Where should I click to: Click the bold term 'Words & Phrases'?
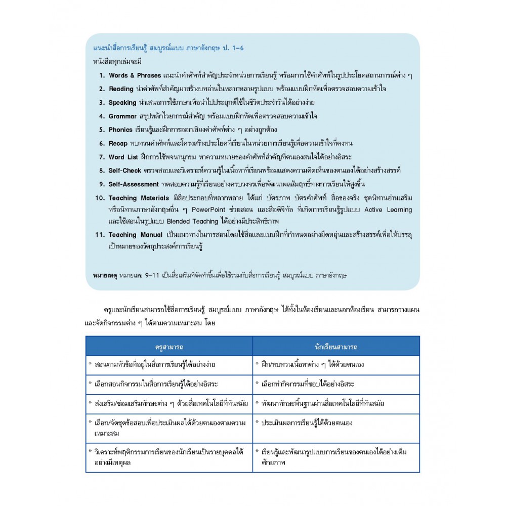click(135, 75)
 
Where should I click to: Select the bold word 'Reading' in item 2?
click(121, 89)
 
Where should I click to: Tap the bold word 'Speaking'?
click(122, 103)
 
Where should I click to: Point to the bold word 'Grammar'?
click(122, 116)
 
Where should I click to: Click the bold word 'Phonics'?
click(120, 130)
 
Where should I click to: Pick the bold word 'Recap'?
click(118, 144)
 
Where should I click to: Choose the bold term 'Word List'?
click(123, 157)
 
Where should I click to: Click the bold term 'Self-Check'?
click(126, 171)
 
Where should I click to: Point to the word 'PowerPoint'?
click(223, 209)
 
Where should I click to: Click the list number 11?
click(99, 235)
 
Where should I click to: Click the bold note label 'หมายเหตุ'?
click(105, 275)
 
